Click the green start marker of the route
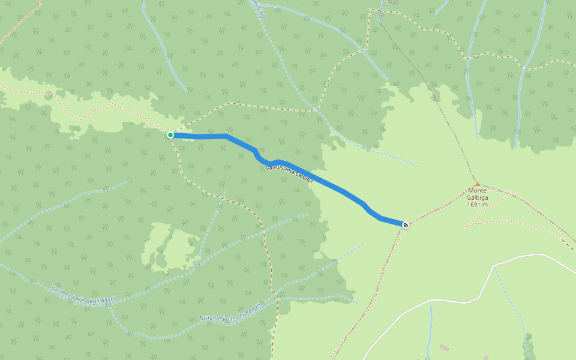pyautogui.click(x=170, y=135)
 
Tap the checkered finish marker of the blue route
pyautogui.click(x=406, y=225)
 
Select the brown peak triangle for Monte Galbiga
pyautogui.click(x=477, y=184)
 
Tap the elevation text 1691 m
pyautogui.click(x=478, y=205)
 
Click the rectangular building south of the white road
pyautogui.click(x=444, y=348)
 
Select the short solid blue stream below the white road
pyautogui.click(x=430, y=330)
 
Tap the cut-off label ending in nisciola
pyautogui.click(x=257, y=7)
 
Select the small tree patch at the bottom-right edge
pyautogui.click(x=528, y=348)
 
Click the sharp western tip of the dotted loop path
pyautogui.click(x=466, y=226)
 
